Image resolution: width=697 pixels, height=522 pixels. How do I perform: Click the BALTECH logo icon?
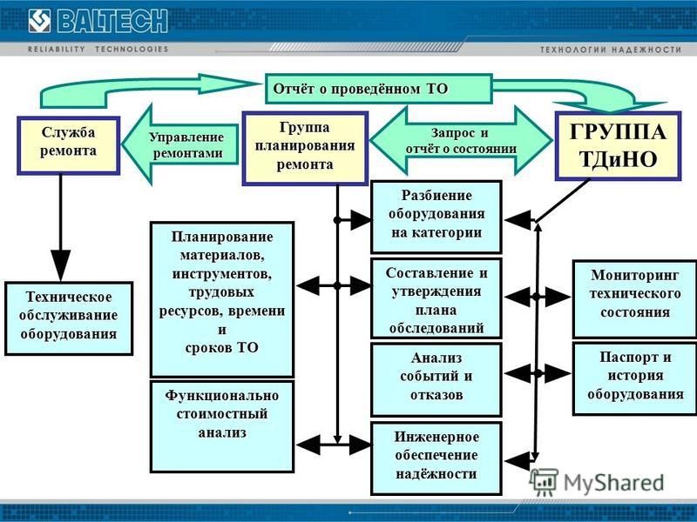39,21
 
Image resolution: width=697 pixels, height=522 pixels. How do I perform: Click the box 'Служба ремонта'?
69,145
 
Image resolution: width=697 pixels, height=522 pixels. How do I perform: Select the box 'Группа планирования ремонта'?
305,148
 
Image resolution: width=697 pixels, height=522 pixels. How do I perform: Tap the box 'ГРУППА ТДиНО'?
618,145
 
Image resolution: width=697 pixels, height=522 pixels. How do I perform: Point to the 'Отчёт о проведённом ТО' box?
379,89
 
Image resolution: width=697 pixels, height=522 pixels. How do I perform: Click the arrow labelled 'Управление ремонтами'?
180,144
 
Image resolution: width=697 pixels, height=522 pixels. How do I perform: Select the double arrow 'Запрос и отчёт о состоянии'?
461,140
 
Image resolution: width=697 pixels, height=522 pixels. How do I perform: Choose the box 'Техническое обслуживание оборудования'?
69,318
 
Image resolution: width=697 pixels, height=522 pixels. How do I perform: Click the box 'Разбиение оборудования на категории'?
436,217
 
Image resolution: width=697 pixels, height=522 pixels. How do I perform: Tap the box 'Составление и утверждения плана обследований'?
436,298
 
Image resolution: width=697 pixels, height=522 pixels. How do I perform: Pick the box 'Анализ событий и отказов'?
436,379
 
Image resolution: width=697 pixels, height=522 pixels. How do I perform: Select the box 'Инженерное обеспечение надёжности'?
436,458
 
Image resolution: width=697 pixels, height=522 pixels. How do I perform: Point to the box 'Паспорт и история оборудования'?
635,378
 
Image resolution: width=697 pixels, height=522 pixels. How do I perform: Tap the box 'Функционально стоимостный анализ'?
222,426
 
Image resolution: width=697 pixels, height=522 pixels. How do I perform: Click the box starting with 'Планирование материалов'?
222,299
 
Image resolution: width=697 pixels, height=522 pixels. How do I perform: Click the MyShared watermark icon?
544,482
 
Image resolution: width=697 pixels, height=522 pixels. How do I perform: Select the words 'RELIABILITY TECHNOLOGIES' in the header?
98,49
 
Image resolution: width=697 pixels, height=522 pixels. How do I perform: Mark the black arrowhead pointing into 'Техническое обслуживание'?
60,264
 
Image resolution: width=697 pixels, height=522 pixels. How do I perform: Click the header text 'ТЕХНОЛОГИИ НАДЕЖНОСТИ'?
611,50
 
